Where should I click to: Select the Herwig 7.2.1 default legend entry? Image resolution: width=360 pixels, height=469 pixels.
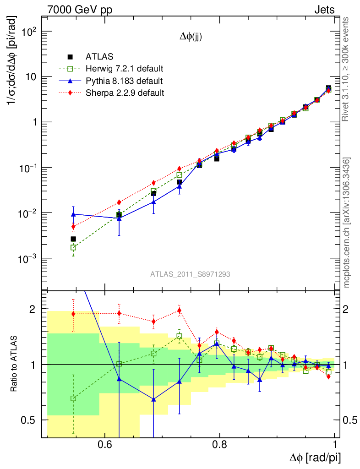coord(125,69)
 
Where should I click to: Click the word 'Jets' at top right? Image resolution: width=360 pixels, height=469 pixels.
coord(324,9)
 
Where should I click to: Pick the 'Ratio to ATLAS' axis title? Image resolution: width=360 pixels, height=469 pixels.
coord(15,365)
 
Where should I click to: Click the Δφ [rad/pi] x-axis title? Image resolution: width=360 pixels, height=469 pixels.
coord(315,458)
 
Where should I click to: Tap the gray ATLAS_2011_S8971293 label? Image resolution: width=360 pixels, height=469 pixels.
coord(190,274)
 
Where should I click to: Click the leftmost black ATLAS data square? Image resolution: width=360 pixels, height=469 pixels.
coord(73,239)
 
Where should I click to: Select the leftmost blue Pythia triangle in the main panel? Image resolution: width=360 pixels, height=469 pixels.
coord(73,214)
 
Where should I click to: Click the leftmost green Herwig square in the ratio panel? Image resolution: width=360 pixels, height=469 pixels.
coord(73,398)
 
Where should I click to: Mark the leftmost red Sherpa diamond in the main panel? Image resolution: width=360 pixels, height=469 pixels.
coord(73,226)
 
